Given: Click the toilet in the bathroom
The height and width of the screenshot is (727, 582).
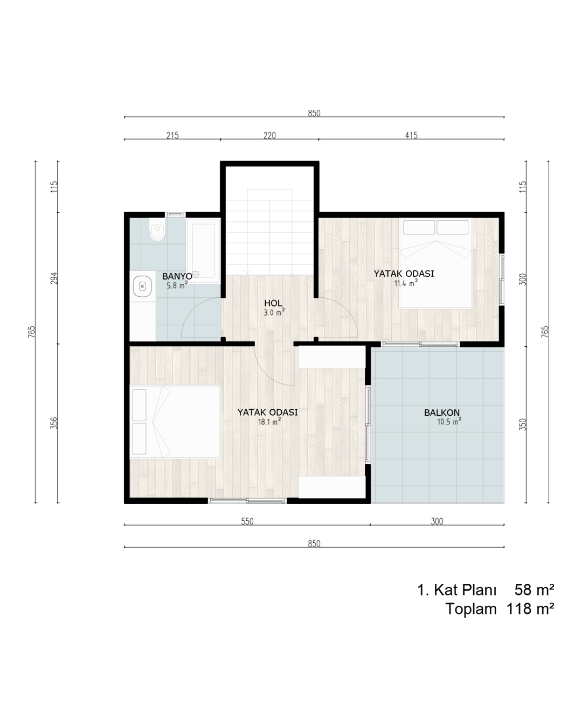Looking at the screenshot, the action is click(157, 229).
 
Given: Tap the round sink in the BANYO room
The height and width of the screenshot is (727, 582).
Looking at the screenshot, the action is click(142, 286).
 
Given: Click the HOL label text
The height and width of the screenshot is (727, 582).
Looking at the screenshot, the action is click(273, 303).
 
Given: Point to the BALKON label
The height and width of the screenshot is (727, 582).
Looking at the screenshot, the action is click(442, 413).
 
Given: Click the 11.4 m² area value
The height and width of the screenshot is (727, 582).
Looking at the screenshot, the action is click(406, 283).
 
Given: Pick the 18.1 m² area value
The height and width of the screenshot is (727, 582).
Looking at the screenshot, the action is click(269, 422).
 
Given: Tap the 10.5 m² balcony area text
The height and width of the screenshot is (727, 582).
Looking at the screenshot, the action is click(449, 421).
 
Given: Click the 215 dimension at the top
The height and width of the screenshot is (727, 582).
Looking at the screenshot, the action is click(172, 136).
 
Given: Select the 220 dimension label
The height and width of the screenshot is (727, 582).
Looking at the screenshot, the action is click(269, 136).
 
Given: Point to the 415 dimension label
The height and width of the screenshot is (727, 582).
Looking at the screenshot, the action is click(411, 136).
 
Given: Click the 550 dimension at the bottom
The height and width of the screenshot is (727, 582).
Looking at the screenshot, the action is click(247, 521).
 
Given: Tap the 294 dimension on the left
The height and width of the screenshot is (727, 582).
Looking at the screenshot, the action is click(54, 278).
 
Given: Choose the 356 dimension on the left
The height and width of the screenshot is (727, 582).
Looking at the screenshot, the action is click(54, 423).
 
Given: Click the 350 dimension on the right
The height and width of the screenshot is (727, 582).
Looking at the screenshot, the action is click(523, 424).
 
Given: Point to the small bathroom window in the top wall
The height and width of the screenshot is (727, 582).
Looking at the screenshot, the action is click(175, 214).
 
